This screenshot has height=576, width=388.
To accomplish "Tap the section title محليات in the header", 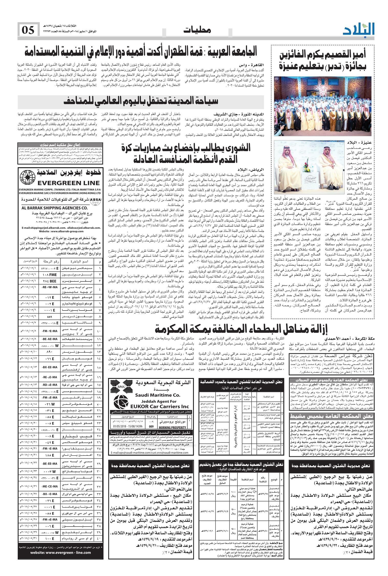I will pos(197,30).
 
